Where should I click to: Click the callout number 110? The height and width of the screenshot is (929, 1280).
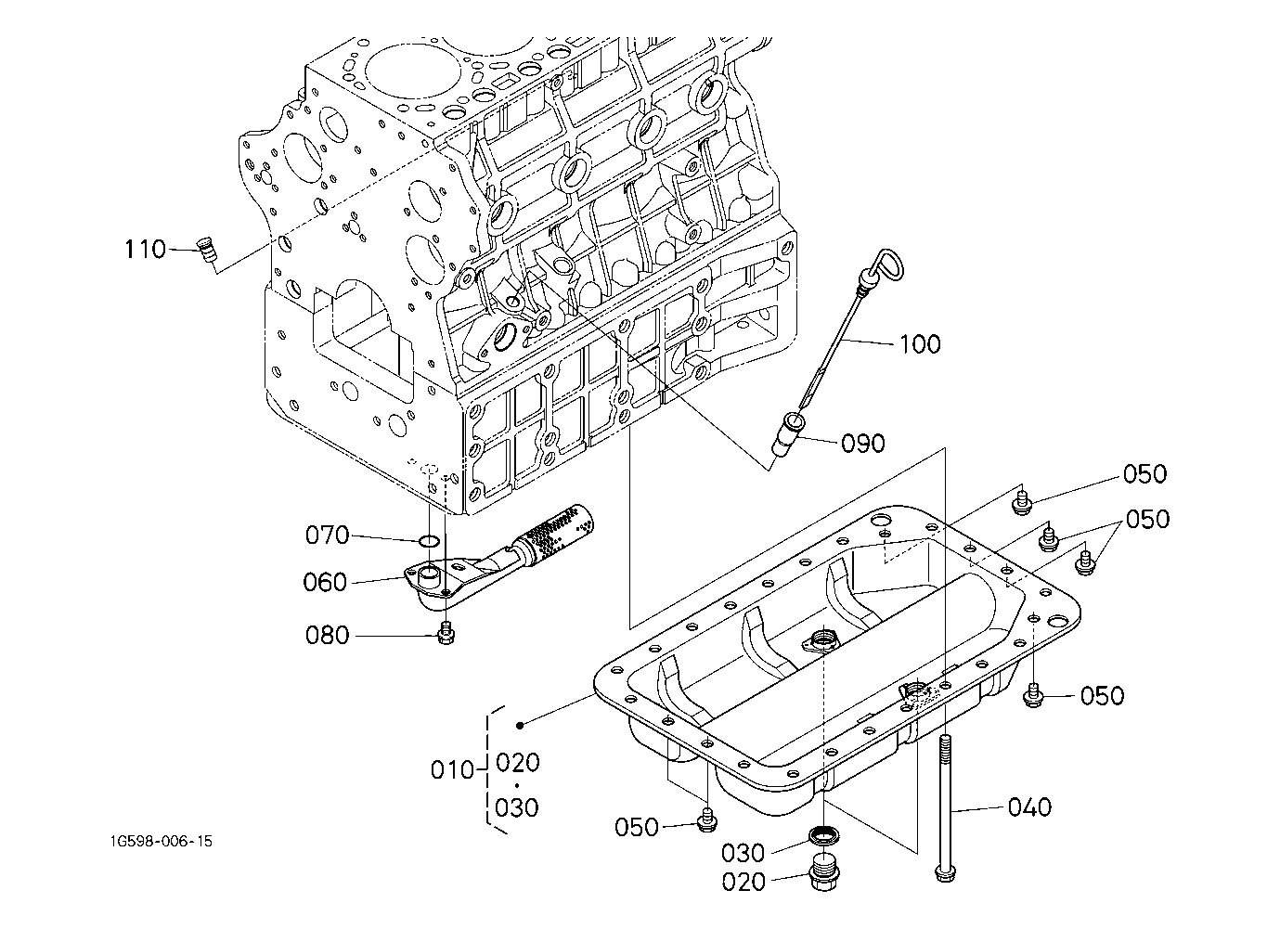146,249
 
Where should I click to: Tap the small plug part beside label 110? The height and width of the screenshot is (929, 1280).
206,251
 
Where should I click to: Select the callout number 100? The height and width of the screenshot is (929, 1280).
920,344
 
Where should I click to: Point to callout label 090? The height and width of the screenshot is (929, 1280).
862,444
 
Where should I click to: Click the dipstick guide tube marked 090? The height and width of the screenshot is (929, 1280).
789,434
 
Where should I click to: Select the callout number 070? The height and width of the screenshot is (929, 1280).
327,535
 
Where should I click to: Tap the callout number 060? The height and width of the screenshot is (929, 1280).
325,583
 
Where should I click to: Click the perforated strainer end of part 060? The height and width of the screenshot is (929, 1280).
557,531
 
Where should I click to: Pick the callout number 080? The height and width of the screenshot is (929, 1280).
327,636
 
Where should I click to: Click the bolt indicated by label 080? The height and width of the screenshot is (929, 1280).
446,635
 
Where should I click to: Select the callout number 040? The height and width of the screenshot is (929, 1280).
1029,807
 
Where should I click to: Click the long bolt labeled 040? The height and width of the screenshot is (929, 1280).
944,807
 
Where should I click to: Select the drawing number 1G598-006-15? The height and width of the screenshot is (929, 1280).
159,842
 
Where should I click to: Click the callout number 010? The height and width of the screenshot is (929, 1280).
453,770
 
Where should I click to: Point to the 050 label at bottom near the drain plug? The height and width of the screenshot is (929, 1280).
637,827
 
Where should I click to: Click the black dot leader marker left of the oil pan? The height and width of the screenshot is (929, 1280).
521,725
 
